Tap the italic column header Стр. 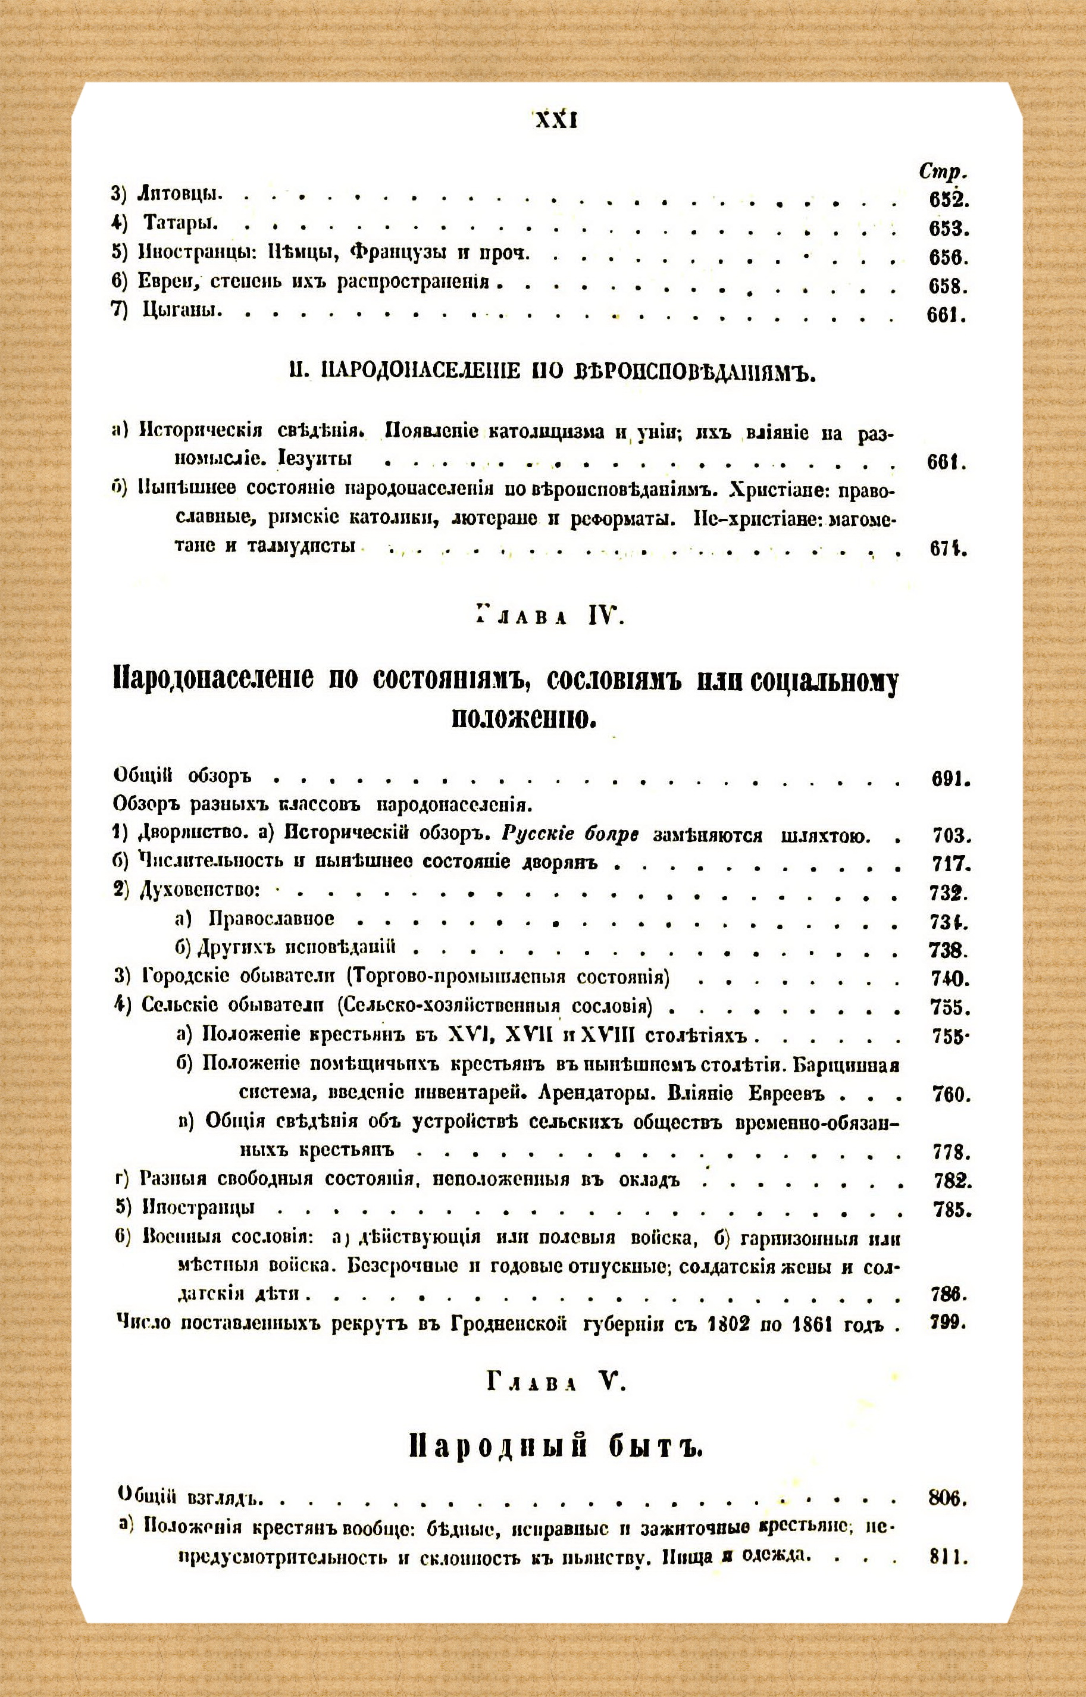point(943,171)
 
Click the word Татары point(180,223)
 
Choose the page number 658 point(948,287)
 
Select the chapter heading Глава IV point(549,618)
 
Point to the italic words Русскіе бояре point(570,835)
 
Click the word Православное point(271,919)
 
